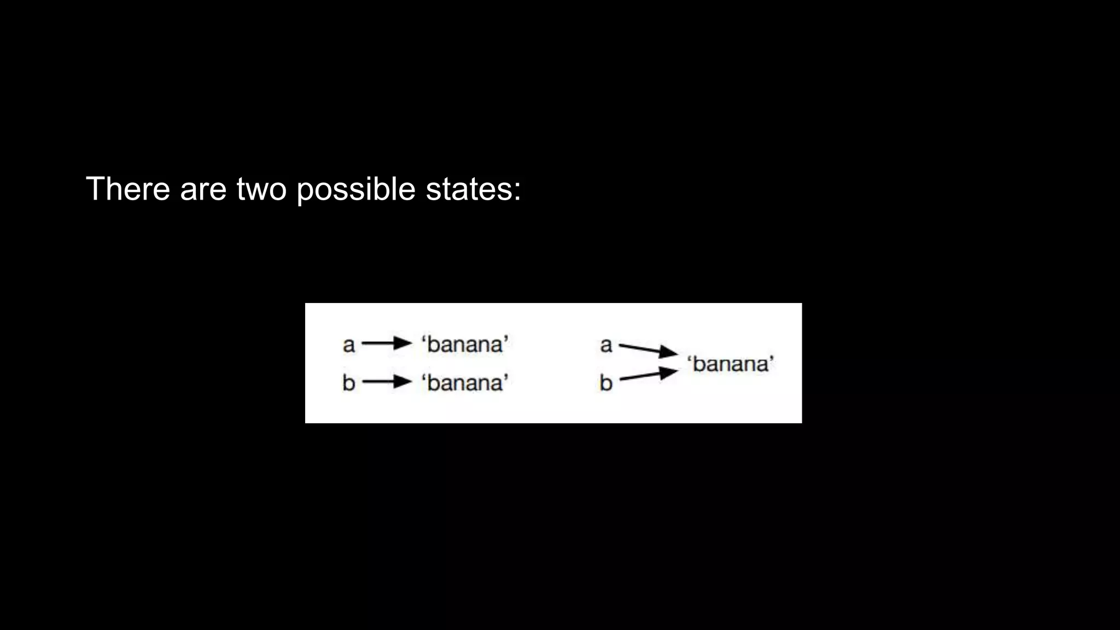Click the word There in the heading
click(x=128, y=189)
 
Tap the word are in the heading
click(x=203, y=189)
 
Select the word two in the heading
click(x=261, y=189)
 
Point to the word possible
click(x=356, y=190)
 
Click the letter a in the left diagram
click(x=349, y=345)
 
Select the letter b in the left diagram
click(x=349, y=382)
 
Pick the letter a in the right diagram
click(x=606, y=345)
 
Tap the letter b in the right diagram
click(x=606, y=382)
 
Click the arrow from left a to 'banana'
click(x=386, y=343)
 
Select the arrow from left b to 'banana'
click(x=386, y=381)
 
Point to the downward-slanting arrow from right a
click(x=648, y=349)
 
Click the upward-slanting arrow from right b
click(x=648, y=375)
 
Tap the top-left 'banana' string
click(x=465, y=345)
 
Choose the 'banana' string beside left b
click(x=465, y=382)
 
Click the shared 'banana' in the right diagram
click(x=731, y=364)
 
